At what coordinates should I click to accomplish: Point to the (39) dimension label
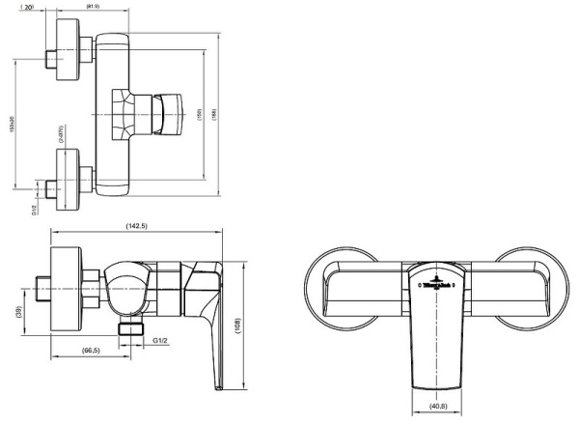click(x=19, y=314)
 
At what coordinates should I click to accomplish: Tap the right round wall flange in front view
click(x=532, y=286)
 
